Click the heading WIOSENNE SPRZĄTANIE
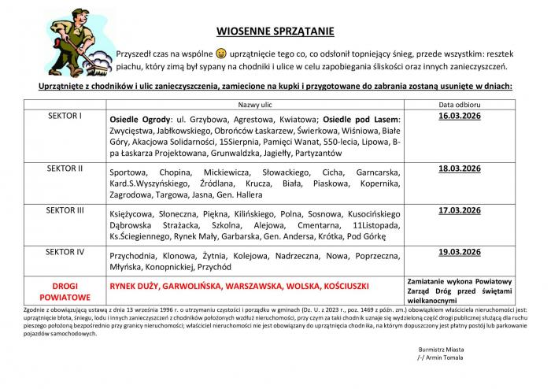click(275, 31)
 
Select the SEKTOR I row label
click(65, 116)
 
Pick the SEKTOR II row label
click(65, 169)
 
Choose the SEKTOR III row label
click(65, 210)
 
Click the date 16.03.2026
click(460, 116)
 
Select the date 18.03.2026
click(460, 169)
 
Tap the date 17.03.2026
click(460, 210)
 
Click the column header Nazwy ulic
click(254, 105)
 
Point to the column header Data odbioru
click(460, 105)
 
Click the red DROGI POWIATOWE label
click(65, 287)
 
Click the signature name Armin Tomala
click(446, 357)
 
